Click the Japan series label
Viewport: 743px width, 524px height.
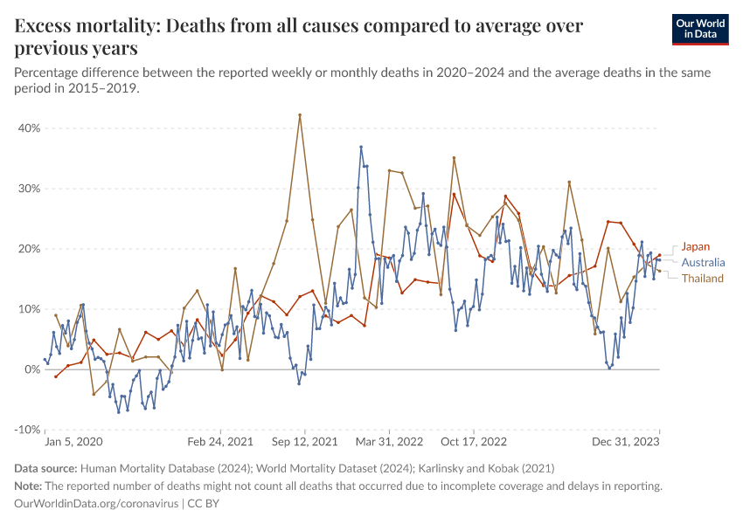coord(696,246)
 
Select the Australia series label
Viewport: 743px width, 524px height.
coord(703,262)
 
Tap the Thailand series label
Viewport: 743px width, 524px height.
coord(703,279)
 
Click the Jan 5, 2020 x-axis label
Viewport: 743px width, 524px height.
coord(73,443)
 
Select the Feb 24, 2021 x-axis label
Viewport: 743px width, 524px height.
coord(222,443)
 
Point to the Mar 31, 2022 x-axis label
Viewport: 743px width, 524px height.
coord(389,443)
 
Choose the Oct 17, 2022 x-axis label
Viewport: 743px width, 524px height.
coord(474,443)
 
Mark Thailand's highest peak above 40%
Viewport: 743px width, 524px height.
coord(300,114)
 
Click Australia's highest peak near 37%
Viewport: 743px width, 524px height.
coord(361,147)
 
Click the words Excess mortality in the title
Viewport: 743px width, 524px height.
coord(76,25)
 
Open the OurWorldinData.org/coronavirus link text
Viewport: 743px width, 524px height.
coord(96,504)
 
